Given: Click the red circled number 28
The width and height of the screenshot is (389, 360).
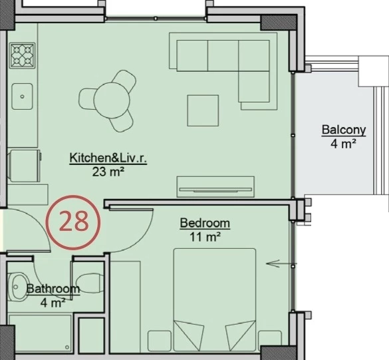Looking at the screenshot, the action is pos(73,222).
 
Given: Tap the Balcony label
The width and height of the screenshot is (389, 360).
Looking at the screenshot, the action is pos(344,130).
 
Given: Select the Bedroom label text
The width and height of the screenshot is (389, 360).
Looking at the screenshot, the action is pos(205,223).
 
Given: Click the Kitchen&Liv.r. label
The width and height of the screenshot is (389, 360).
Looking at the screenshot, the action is pos(108,158).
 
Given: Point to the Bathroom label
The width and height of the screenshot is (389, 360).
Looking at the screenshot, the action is pos(53,289).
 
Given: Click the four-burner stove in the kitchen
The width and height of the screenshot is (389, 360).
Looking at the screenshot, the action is pos(22,55).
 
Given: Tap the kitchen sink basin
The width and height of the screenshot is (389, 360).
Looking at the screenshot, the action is pos(22,96).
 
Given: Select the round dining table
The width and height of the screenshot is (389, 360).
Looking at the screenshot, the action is pos(112,100).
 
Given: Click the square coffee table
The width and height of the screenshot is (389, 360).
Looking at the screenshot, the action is pos(203,110).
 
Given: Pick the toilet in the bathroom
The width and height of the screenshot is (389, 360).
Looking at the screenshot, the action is pos(90,283).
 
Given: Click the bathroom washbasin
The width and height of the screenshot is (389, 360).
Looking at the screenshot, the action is pos(18,287).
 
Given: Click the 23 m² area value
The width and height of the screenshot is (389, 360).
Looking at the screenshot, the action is pos(108,172).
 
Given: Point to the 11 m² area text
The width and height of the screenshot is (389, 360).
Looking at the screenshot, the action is pos(205,237).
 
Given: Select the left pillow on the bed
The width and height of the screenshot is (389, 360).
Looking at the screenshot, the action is pos(189,335).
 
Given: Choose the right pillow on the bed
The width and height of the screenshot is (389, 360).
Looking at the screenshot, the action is pos(241,335).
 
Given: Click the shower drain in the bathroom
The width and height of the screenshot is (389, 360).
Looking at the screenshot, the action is pos(67,347).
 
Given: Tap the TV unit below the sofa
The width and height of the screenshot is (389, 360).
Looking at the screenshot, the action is pos(215,187).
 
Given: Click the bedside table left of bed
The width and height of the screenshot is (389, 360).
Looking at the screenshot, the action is pos(160,341).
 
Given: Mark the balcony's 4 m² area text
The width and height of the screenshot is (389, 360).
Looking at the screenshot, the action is pos(344,144).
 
